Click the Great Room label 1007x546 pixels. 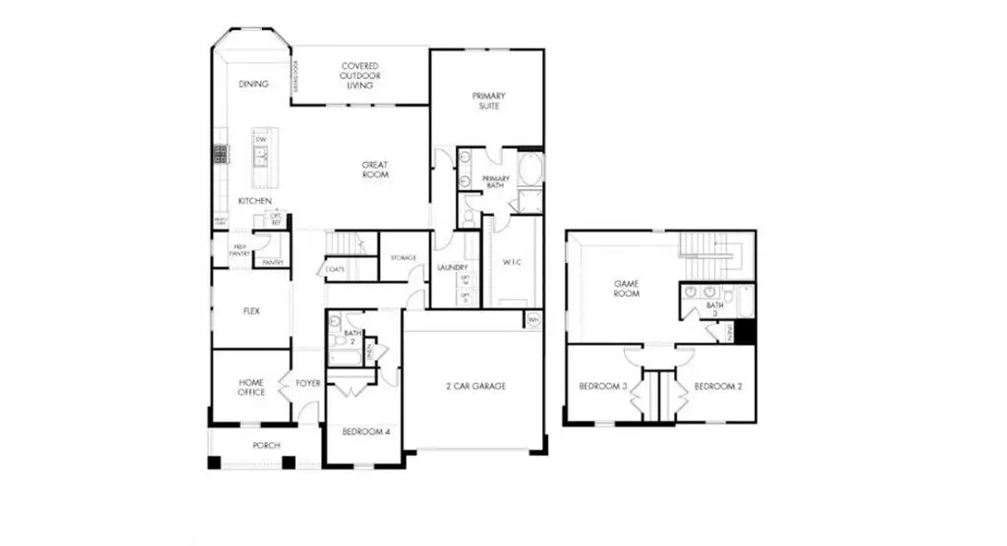[375, 169]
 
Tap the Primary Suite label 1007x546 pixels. [488, 100]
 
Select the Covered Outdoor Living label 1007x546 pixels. [360, 76]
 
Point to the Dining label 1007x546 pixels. [254, 84]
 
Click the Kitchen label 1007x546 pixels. [255, 200]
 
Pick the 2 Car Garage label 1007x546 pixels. [475, 386]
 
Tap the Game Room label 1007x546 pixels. [626, 288]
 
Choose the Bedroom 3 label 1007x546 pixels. [604, 387]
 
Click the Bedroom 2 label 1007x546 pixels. [719, 387]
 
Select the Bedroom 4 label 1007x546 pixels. [366, 431]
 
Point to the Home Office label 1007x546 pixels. [251, 387]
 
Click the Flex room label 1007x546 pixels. [251, 311]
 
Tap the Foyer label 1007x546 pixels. [308, 383]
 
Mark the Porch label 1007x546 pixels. [267, 445]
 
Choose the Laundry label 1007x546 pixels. [451, 268]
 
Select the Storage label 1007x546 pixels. [403, 258]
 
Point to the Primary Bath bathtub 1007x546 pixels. [529, 170]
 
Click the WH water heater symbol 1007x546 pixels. [532, 319]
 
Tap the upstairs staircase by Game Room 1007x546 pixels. [710, 250]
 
